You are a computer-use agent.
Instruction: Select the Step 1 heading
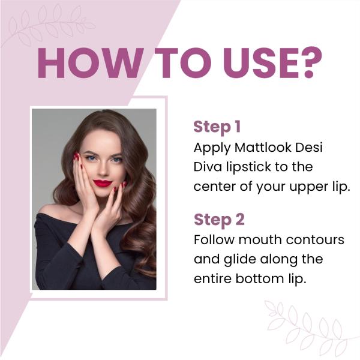click(x=217, y=127)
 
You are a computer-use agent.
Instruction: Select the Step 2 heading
click(x=218, y=220)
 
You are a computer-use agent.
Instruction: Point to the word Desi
click(x=314, y=147)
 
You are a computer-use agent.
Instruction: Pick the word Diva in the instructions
click(x=208, y=166)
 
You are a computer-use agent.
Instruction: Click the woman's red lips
click(x=102, y=183)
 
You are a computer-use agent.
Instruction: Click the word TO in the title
click(x=170, y=61)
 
